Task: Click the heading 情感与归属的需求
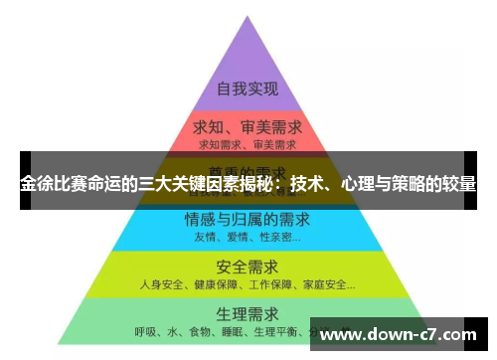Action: [x=247, y=220]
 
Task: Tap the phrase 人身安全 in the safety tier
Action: [x=160, y=285]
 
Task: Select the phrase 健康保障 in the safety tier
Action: [x=211, y=285]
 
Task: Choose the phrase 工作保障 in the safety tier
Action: [x=262, y=285]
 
